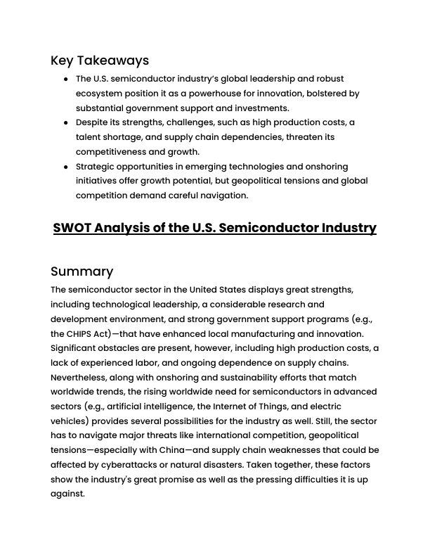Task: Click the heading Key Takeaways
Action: [x=100, y=60]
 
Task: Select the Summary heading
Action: [x=82, y=271]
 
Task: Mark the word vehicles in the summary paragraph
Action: [x=68, y=421]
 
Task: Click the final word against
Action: [x=67, y=494]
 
